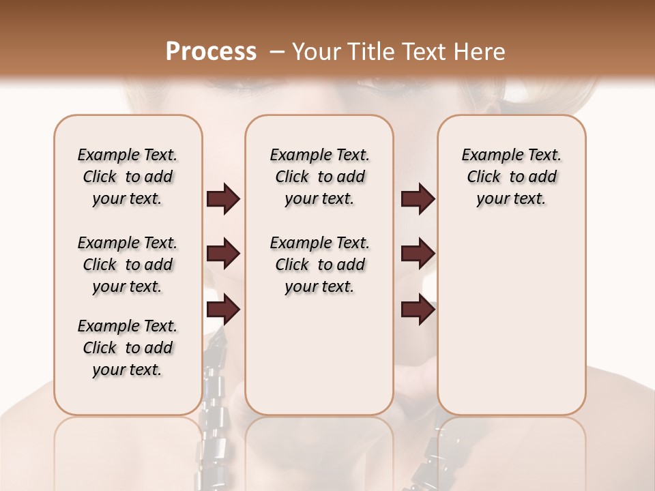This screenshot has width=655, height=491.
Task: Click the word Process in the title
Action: pos(211,52)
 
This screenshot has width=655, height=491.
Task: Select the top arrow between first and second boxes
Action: pos(223,199)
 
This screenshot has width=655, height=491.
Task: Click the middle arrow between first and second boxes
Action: pos(223,254)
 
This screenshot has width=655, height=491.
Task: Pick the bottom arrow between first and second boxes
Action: pos(223,310)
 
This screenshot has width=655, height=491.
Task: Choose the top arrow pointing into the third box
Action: pos(418,199)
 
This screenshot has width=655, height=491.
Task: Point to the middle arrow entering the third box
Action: pos(418,254)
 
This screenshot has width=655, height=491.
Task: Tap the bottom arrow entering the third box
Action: pos(418,310)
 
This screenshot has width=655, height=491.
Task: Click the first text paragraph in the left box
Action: pos(128,177)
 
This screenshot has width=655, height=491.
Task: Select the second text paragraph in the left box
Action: pos(128,265)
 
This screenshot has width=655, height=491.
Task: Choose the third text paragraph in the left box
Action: pos(128,348)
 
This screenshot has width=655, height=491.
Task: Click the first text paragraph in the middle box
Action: pos(319,177)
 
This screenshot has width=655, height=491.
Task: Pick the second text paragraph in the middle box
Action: pos(319,265)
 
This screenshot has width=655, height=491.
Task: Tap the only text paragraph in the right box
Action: pos(512,177)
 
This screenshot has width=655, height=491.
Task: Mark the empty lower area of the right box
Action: pos(512,321)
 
